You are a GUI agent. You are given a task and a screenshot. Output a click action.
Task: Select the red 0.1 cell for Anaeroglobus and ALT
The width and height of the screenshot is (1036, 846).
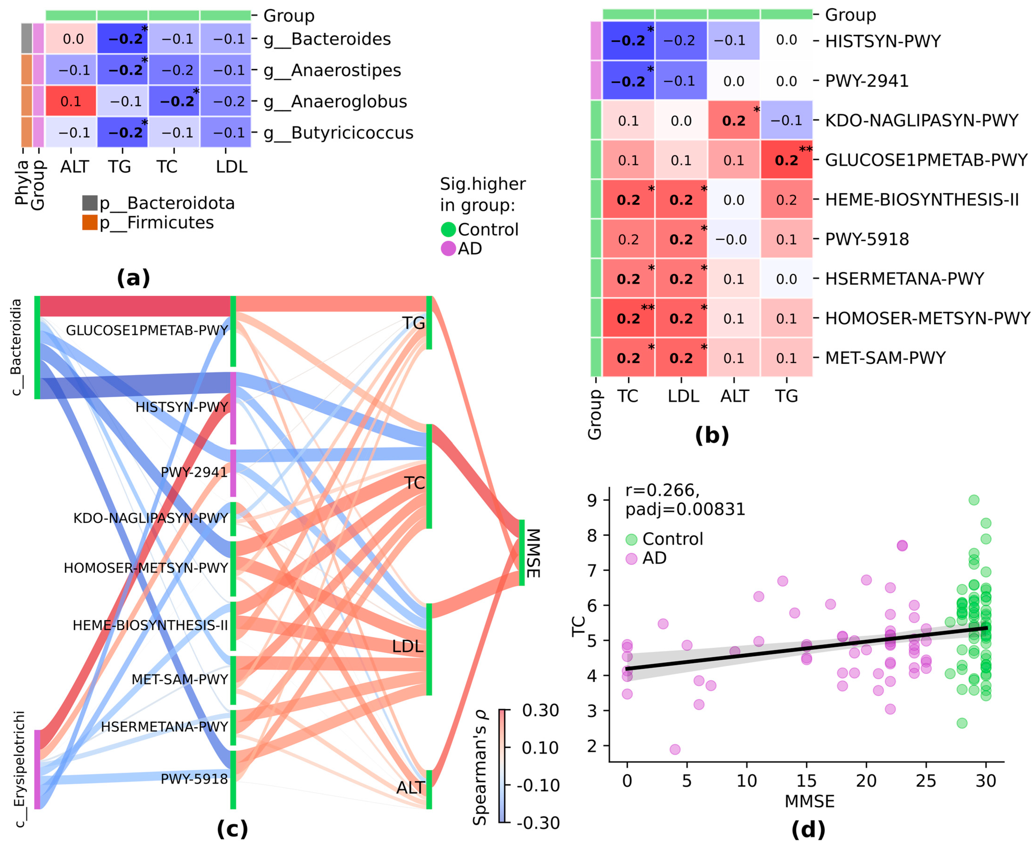click(x=71, y=102)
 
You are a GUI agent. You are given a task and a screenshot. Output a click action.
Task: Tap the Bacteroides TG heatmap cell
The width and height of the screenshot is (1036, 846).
click(x=122, y=39)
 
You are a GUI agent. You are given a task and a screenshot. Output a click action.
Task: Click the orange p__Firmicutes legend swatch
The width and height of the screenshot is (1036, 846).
click(x=90, y=223)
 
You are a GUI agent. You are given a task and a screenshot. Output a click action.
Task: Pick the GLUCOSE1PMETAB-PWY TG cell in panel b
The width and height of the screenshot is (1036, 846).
click(x=786, y=160)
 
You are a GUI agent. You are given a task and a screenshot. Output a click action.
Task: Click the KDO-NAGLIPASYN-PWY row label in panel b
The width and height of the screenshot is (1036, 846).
click(x=921, y=120)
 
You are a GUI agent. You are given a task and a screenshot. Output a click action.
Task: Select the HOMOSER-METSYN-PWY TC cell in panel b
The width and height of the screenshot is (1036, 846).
click(x=628, y=318)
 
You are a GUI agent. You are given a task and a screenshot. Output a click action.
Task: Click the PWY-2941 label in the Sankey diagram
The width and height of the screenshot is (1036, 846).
click(x=194, y=472)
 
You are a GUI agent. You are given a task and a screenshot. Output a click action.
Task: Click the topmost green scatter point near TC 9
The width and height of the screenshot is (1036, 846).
click(x=974, y=500)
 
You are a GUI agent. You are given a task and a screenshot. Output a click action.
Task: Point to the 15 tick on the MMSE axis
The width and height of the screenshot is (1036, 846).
click(x=806, y=781)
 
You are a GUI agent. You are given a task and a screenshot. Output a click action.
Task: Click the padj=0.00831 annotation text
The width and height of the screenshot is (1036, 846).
click(x=685, y=509)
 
